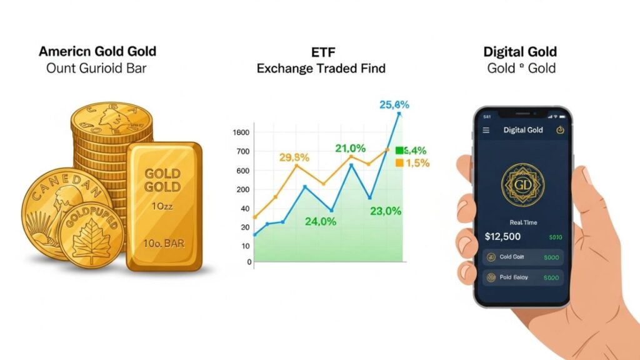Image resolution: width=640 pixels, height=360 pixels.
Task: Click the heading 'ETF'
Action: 321,51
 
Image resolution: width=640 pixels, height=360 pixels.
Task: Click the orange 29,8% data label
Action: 294,157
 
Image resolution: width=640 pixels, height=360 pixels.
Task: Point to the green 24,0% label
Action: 321,221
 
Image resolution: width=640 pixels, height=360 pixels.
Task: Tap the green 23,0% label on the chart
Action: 385,211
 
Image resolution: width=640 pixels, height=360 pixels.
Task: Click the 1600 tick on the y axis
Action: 241,132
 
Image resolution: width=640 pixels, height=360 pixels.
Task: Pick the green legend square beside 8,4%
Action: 400,151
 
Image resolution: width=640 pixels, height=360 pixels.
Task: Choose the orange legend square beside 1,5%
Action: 400,163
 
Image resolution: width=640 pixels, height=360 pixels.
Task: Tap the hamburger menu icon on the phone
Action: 486,130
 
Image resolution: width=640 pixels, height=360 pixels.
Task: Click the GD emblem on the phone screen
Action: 522,185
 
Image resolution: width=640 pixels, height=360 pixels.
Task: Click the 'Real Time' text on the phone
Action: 523,222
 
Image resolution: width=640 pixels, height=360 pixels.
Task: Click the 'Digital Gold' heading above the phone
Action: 520,52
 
